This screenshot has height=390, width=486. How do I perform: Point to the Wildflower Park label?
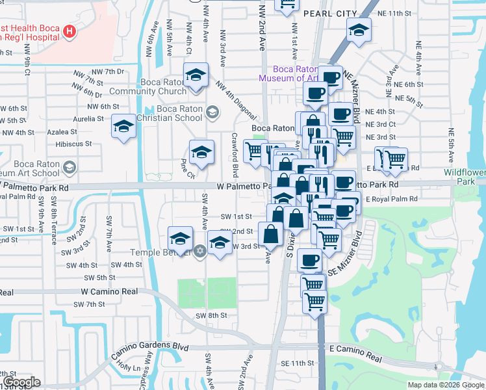[x=464, y=177]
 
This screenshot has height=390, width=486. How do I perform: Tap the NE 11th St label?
[x=397, y=13]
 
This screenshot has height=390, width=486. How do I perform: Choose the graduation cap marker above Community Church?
[x=195, y=75]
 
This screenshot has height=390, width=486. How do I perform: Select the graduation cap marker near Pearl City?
[x=358, y=30]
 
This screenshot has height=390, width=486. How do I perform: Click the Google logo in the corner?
[x=21, y=382]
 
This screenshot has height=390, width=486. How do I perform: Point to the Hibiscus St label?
[x=73, y=144]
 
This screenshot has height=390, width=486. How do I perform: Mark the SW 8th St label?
[x=212, y=315]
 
